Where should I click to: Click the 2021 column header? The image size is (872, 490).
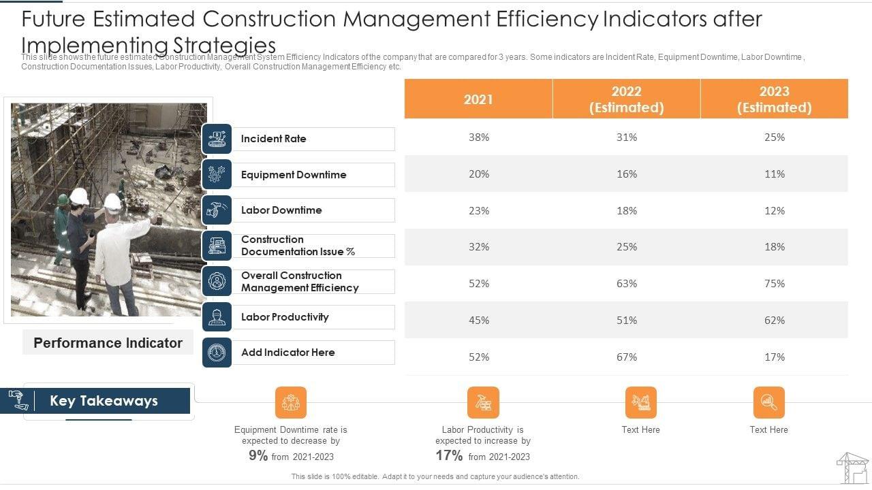click(x=478, y=99)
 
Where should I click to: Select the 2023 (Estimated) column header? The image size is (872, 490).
click(x=774, y=99)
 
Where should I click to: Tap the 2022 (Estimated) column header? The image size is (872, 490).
click(x=626, y=99)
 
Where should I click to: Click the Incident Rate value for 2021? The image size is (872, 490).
click(x=479, y=137)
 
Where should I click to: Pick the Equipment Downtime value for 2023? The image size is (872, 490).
click(x=775, y=174)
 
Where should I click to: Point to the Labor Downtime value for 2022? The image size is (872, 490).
click(x=627, y=211)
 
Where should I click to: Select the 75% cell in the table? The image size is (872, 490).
click(x=775, y=284)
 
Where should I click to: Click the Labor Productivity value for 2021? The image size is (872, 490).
click(x=479, y=321)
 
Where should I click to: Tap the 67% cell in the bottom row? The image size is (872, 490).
click(x=627, y=357)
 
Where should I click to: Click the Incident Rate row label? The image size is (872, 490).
click(x=273, y=139)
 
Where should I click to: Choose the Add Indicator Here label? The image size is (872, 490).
click(x=287, y=353)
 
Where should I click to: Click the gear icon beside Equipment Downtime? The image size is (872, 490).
click(x=217, y=174)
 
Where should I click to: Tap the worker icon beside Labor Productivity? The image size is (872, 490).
click(x=217, y=317)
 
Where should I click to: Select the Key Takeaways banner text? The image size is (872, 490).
click(x=104, y=401)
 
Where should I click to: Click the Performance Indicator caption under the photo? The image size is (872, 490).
click(x=108, y=343)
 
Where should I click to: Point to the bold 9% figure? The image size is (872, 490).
click(x=258, y=456)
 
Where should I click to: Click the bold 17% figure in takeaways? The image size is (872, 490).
click(x=449, y=456)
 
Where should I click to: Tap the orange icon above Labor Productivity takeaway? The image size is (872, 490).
click(x=483, y=402)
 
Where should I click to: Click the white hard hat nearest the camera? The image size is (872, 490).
click(x=113, y=202)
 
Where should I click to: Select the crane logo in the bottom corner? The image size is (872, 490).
click(x=852, y=468)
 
